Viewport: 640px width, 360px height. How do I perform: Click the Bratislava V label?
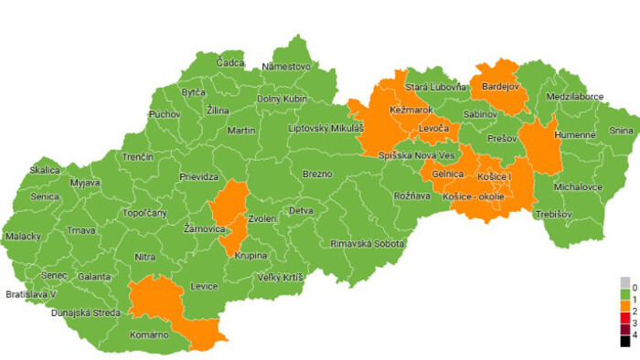pyautogui.click(x=31, y=294)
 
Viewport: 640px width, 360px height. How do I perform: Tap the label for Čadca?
pyautogui.click(x=230, y=63)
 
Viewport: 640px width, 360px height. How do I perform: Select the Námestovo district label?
pyautogui.click(x=286, y=67)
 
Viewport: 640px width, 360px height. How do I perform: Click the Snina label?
pyautogui.click(x=621, y=131)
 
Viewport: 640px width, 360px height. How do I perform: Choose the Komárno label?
pyautogui.click(x=148, y=335)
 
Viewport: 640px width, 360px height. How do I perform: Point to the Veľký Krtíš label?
pyautogui.click(x=280, y=277)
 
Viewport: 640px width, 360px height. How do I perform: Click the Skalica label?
pyautogui.click(x=44, y=170)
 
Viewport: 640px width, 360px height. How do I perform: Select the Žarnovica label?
pyautogui.click(x=205, y=228)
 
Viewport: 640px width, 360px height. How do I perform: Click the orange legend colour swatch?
pyautogui.click(x=624, y=297)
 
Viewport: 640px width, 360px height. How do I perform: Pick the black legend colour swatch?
pyautogui.click(x=624, y=340)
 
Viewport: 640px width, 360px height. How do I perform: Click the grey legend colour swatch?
pyautogui.click(x=624, y=281)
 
